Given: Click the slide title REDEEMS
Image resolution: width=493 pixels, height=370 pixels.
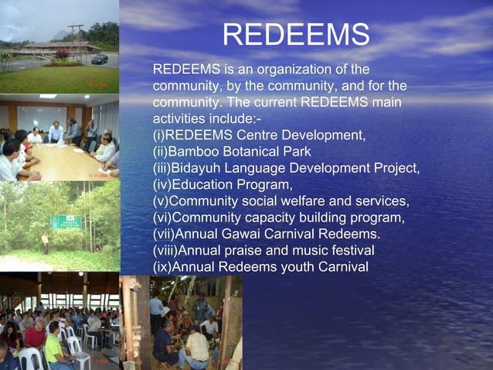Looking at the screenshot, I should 296,34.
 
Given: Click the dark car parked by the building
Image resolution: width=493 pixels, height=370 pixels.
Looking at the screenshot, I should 99,59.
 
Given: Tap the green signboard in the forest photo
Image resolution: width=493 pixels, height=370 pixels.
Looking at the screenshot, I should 66,222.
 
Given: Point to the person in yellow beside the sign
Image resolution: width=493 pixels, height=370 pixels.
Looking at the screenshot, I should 45,242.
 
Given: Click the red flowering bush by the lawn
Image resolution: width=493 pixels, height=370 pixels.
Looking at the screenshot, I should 61,56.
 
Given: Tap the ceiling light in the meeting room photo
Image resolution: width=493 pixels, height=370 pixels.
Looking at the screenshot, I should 47,96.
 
